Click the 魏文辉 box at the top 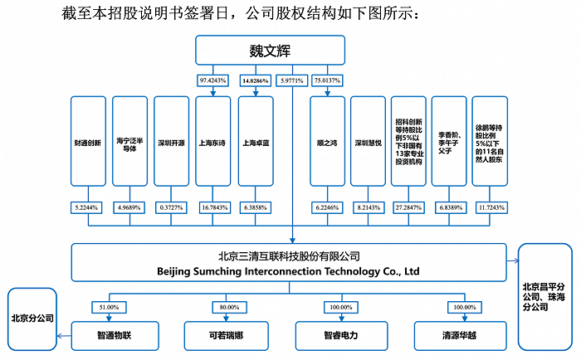tap(270, 51)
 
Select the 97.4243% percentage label tap(212, 80)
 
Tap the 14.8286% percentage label tap(256, 80)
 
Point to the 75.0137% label tap(327, 80)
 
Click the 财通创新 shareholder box tap(88, 141)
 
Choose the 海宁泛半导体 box tap(129, 141)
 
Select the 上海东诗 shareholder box tap(213, 141)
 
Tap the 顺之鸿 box tap(327, 141)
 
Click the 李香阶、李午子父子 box tap(449, 141)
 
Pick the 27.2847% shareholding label tap(408, 207)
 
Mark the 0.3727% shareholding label tap(171, 207)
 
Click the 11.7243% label tap(491, 207)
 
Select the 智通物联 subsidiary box tap(115, 336)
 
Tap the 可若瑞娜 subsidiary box tap(226, 336)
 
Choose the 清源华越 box tap(460, 336)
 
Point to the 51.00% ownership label tap(109, 308)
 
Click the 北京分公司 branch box tap(32, 319)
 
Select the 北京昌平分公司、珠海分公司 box tap(545, 297)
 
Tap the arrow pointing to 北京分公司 tap(64, 336)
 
